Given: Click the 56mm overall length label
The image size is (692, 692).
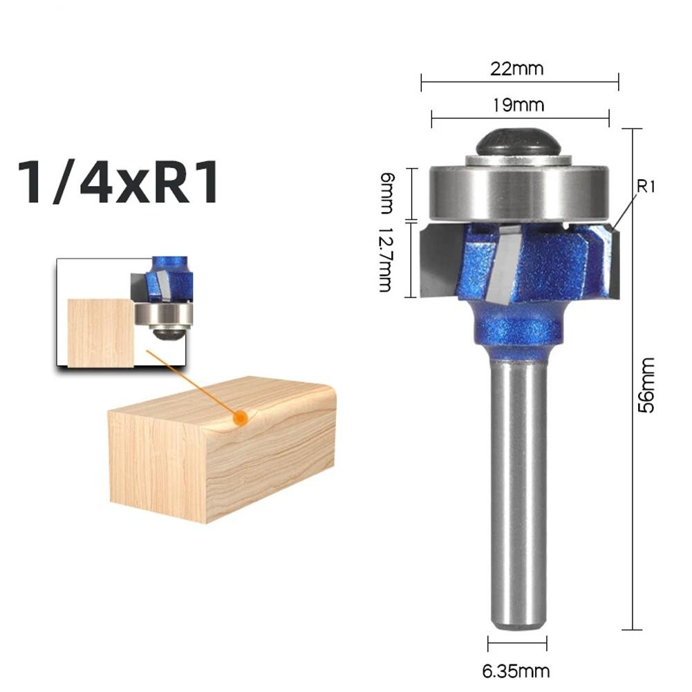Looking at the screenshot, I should pos(647,384).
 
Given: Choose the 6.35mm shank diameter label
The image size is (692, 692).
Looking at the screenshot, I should pos(517,671).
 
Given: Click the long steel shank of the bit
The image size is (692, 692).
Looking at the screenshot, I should pos(518,491).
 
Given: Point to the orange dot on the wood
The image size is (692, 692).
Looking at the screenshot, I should pos(240,418).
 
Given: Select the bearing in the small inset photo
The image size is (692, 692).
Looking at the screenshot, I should pos(163,314).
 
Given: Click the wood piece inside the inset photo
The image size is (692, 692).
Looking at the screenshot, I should pos(100,332).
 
